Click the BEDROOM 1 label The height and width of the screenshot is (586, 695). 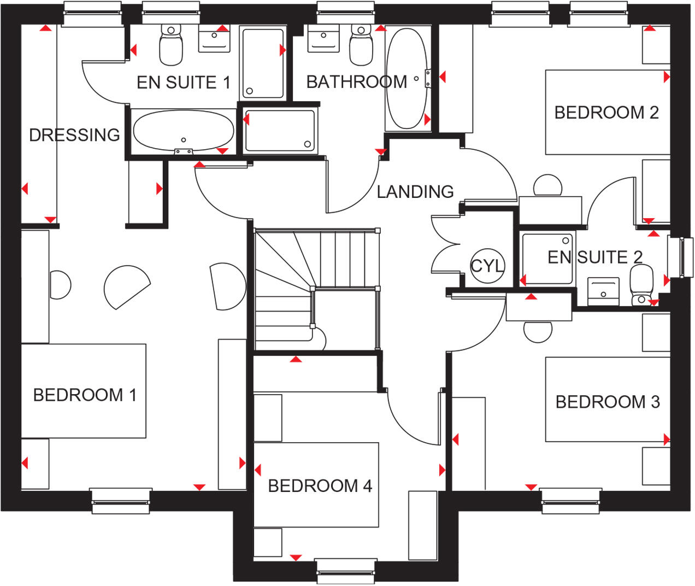pyautogui.click(x=85, y=395)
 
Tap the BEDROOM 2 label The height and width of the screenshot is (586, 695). pyautogui.click(x=606, y=113)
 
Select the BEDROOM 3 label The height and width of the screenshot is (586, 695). pyautogui.click(x=608, y=402)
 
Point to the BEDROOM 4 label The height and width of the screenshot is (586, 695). pyautogui.click(x=320, y=485)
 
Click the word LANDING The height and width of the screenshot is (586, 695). pyautogui.click(x=415, y=191)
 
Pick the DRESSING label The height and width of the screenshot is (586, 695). pyautogui.click(x=74, y=134)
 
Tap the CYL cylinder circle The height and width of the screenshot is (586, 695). pyautogui.click(x=487, y=266)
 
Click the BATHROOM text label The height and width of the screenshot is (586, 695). pyautogui.click(x=357, y=82)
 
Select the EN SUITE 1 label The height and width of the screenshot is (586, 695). pyautogui.click(x=183, y=83)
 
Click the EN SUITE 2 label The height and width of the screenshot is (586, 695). pyautogui.click(x=594, y=257)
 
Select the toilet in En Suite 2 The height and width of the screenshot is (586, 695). pyautogui.click(x=641, y=284)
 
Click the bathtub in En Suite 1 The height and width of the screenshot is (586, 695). pyautogui.click(x=184, y=131)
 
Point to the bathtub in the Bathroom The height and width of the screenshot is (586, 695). pyautogui.click(x=407, y=78)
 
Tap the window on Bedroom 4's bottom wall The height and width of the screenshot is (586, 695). pyautogui.click(x=347, y=571)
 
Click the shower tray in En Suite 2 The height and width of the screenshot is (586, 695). pyautogui.click(x=547, y=259)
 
